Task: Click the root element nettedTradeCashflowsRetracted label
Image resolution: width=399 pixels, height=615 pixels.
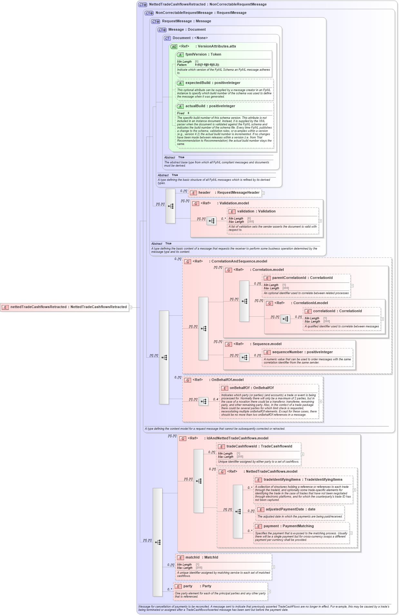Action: [68, 307]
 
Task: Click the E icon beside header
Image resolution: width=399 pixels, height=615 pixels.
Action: [193, 193]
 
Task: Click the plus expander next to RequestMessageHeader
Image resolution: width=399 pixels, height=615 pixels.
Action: [263, 193]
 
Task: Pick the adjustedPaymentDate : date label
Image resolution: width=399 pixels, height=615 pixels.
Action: [290, 509]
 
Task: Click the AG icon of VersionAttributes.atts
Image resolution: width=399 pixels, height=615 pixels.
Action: [174, 47]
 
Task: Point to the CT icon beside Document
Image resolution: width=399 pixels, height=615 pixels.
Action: [167, 38]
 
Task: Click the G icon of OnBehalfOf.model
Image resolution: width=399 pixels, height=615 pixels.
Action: [188, 380]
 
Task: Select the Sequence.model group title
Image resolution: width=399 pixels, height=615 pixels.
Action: [267, 344]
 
